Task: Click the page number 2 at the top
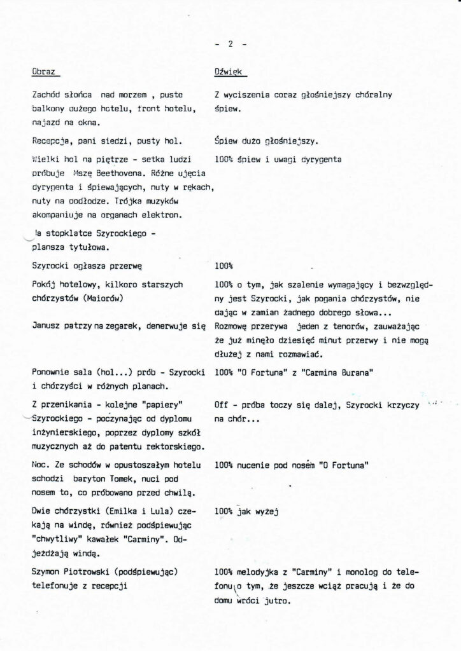pos(230,44)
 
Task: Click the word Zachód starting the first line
pos(46,95)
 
